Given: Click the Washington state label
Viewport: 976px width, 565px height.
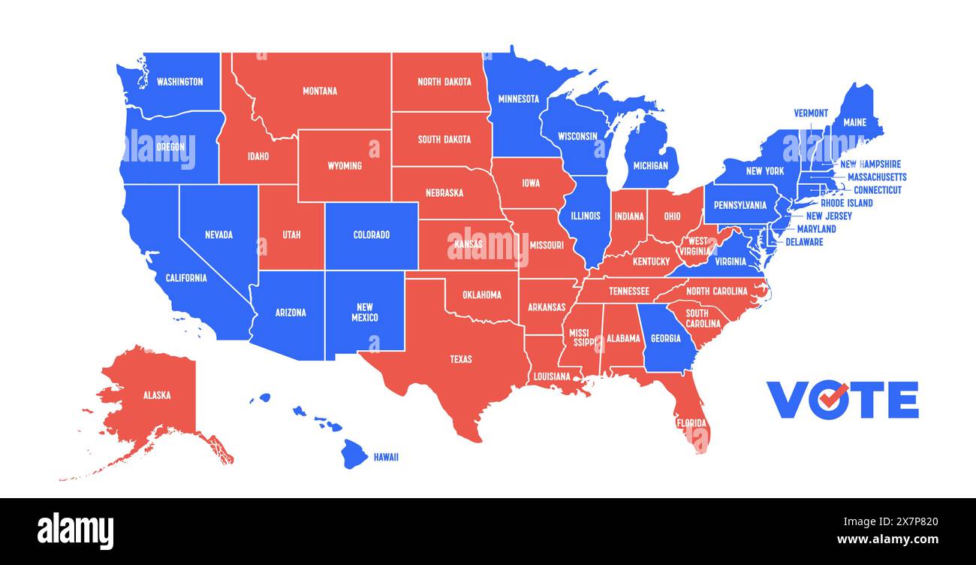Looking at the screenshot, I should click(179, 81).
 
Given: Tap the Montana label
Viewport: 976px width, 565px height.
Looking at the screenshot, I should click(320, 91).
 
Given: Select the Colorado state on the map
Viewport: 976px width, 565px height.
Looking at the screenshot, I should click(372, 235).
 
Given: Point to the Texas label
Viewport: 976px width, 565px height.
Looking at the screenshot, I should click(461, 359).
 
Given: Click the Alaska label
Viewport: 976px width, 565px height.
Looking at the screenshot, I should click(157, 395).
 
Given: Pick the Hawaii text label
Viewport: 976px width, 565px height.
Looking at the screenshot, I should click(386, 457).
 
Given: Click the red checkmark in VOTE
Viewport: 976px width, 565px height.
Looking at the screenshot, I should click(836, 397).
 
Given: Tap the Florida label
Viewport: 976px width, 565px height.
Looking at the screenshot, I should click(691, 423).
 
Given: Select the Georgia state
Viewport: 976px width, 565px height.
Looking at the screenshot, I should click(666, 339).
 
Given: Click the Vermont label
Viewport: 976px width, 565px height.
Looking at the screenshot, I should click(811, 113).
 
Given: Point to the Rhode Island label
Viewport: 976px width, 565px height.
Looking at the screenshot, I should click(846, 203).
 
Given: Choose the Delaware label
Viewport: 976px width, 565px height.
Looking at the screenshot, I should click(804, 242).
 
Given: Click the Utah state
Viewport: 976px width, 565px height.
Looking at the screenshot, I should click(291, 235).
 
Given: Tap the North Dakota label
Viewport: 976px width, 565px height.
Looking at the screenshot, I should click(444, 82).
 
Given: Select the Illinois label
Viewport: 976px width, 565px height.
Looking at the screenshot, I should click(586, 216).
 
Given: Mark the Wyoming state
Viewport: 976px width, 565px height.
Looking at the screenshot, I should click(345, 165).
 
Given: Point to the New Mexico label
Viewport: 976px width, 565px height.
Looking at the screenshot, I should click(364, 312).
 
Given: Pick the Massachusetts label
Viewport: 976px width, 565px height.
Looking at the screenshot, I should click(877, 177).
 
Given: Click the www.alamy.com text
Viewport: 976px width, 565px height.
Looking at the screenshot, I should click(887, 539).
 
